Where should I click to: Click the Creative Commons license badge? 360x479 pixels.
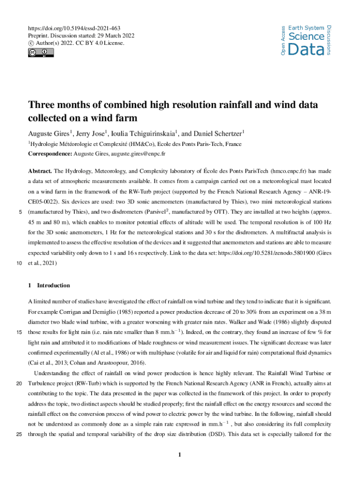[41, 52]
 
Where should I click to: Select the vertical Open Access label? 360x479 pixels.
[283, 41]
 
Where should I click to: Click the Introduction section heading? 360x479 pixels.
[53, 285]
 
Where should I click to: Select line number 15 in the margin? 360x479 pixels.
[19, 333]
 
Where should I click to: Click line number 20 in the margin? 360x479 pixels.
[19, 384]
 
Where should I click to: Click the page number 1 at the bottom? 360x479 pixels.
[180, 455]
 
